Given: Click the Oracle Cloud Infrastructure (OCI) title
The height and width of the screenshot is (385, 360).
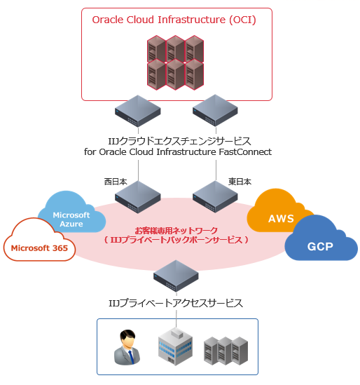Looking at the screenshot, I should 174,20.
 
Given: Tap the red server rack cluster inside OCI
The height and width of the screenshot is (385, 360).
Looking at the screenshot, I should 175,61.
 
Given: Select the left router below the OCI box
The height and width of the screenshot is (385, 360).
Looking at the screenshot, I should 138,111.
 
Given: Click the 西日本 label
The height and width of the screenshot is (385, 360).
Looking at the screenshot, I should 116,181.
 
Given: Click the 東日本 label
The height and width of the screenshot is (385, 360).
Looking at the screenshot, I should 240,181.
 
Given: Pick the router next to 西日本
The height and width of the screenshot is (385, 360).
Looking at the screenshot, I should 138,197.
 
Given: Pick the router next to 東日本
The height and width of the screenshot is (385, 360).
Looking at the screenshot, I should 215,197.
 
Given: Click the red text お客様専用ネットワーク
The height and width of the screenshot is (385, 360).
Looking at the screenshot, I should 176,229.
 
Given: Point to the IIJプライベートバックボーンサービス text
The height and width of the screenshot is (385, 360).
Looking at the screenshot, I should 176,240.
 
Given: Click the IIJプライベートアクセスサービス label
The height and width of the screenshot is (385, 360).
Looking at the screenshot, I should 176,303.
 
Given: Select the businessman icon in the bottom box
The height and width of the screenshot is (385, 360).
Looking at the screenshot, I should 127,347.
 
